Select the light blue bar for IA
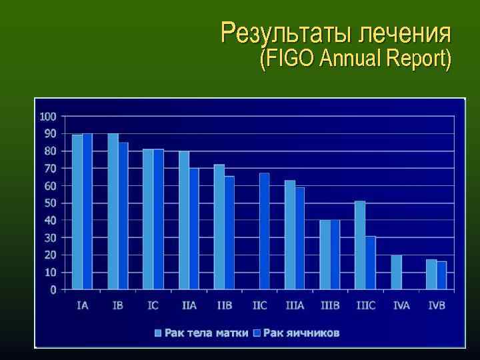[77, 212]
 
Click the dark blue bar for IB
[123, 216]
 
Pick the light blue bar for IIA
[184, 220]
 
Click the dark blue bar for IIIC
[371, 263]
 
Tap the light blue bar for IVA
[397, 272]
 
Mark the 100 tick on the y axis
[48, 117]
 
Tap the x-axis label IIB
[225, 305]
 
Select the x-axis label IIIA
[295, 305]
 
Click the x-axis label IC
[153, 305]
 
